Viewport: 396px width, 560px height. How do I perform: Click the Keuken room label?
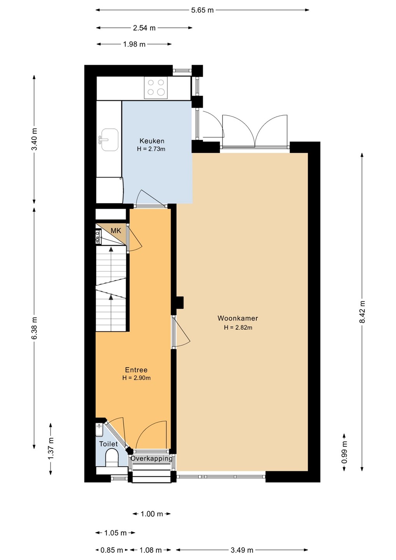coord(152,141)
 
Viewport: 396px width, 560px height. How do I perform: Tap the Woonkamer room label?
coord(238,318)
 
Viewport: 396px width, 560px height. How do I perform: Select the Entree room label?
coord(136,370)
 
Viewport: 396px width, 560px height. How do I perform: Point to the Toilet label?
coord(108,444)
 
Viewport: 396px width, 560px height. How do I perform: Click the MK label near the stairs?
coord(116,231)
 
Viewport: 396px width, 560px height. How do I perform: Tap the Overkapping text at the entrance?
coord(151,458)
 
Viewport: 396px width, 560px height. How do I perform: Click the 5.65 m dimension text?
coord(203,10)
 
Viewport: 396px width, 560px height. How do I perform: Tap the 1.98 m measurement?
coord(134,44)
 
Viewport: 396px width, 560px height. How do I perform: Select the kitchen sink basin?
coord(110,140)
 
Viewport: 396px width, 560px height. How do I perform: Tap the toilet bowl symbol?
coord(112,458)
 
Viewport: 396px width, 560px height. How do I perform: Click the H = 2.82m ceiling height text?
coord(238,327)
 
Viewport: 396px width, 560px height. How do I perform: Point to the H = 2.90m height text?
coord(137,378)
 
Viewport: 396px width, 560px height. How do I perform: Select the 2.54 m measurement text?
coord(144,28)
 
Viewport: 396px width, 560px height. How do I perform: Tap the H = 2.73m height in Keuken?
coord(151,149)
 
